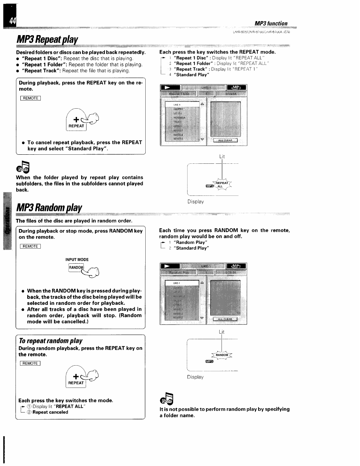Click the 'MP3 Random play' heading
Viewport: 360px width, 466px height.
[x=49, y=208]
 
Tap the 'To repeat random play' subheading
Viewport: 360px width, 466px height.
[x=51, y=341]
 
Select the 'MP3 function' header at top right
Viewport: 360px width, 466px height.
[x=271, y=23]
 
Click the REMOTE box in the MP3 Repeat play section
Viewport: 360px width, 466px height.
[x=31, y=98]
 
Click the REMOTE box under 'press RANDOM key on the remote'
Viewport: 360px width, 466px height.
[x=31, y=246]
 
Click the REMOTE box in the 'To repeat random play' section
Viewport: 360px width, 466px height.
[x=31, y=363]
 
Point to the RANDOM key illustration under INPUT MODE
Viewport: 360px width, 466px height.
[x=76, y=268]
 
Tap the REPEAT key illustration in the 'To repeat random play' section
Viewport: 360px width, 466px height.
[x=76, y=383]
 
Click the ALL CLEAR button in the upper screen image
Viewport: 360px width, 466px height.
[x=225, y=140]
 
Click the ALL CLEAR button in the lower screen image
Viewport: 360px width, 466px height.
[x=225, y=319]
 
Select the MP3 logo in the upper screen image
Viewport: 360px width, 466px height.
[x=236, y=88]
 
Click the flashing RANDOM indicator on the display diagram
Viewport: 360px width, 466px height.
[x=222, y=355]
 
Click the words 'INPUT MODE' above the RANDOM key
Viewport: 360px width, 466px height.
[x=77, y=260]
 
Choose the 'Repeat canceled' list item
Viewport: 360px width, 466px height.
[x=50, y=412]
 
